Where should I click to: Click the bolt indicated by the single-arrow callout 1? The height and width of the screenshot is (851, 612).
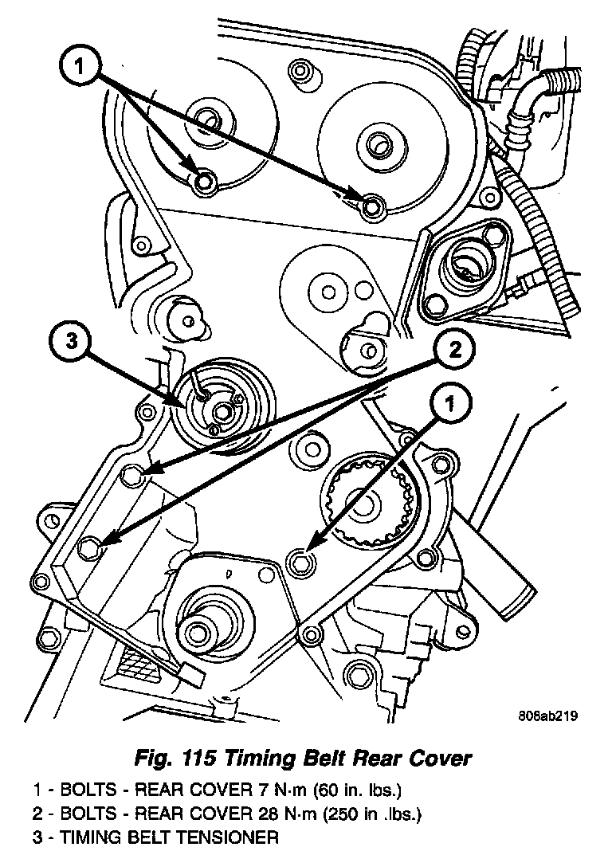300,560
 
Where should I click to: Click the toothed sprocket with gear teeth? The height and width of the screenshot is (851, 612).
367,501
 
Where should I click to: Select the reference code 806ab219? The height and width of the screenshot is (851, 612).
546,716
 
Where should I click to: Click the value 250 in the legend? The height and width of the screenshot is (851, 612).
328,814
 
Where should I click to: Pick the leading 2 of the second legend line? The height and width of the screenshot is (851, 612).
37,814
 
